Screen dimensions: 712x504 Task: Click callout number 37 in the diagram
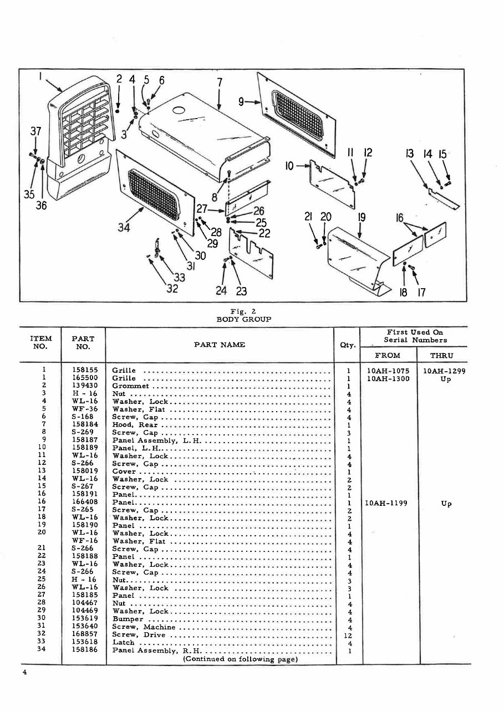[x=35, y=131]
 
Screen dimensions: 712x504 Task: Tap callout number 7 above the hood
[x=220, y=82]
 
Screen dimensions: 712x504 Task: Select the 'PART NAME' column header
[x=220, y=345]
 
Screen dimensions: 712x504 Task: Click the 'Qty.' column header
[x=348, y=345]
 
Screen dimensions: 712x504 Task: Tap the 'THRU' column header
[x=441, y=356]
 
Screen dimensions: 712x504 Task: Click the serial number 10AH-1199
[x=387, y=504]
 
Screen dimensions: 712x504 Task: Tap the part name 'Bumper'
[x=128, y=619]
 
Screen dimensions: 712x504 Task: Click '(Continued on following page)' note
[x=240, y=659]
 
